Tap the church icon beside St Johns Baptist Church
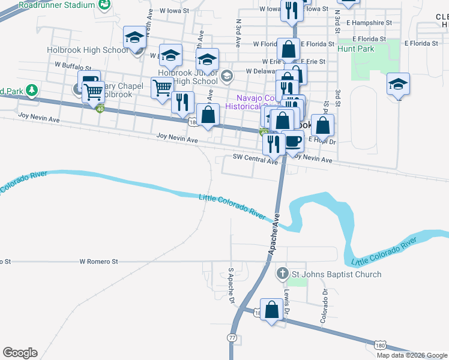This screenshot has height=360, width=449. pyautogui.click(x=283, y=275)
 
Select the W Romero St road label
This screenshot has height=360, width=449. pyautogui.click(x=99, y=262)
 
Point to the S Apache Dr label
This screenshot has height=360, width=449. pyautogui.click(x=231, y=286)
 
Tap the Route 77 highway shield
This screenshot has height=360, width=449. pyautogui.click(x=232, y=338)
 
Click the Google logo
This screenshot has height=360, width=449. pyautogui.click(x=20, y=353)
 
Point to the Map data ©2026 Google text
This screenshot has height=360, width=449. pyautogui.click(x=412, y=355)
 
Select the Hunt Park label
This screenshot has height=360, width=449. pyautogui.click(x=356, y=49)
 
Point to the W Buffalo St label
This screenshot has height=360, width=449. pyautogui.click(x=73, y=69)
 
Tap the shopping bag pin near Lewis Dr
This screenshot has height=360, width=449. pyautogui.click(x=272, y=310)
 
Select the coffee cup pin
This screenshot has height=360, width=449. pyautogui.click(x=292, y=141)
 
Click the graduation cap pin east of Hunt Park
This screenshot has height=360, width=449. pyautogui.click(x=398, y=84)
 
